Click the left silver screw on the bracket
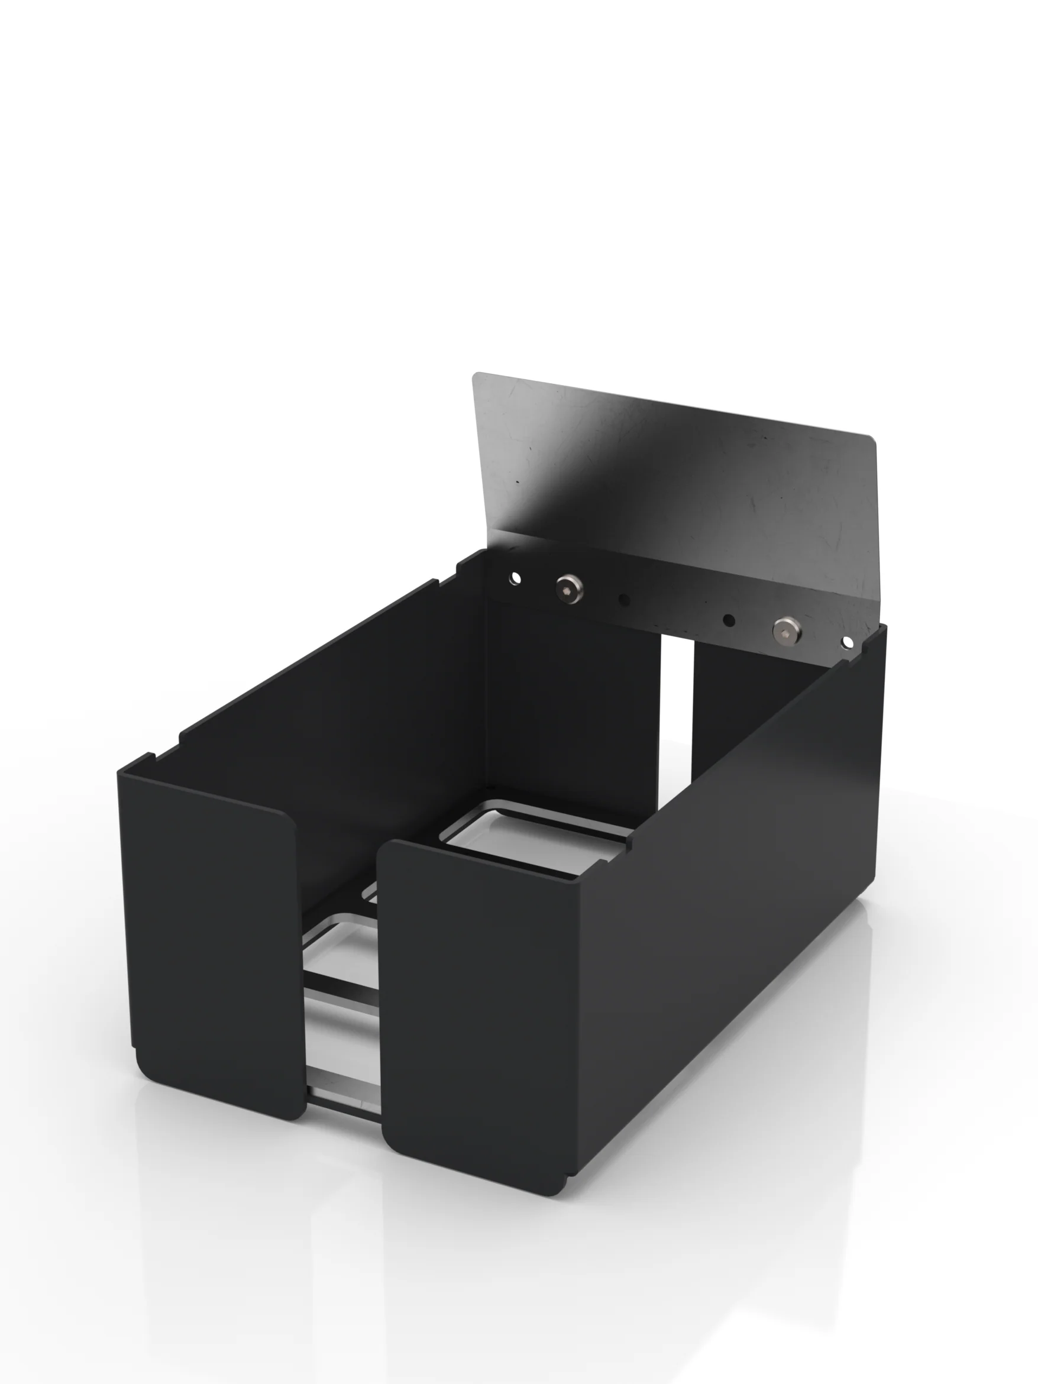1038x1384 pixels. point(569,586)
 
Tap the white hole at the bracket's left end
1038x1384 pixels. point(515,577)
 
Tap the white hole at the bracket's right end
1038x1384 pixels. point(847,642)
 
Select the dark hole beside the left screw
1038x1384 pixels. point(624,599)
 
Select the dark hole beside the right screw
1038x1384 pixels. point(728,620)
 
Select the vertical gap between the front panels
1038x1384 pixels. point(341,1001)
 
